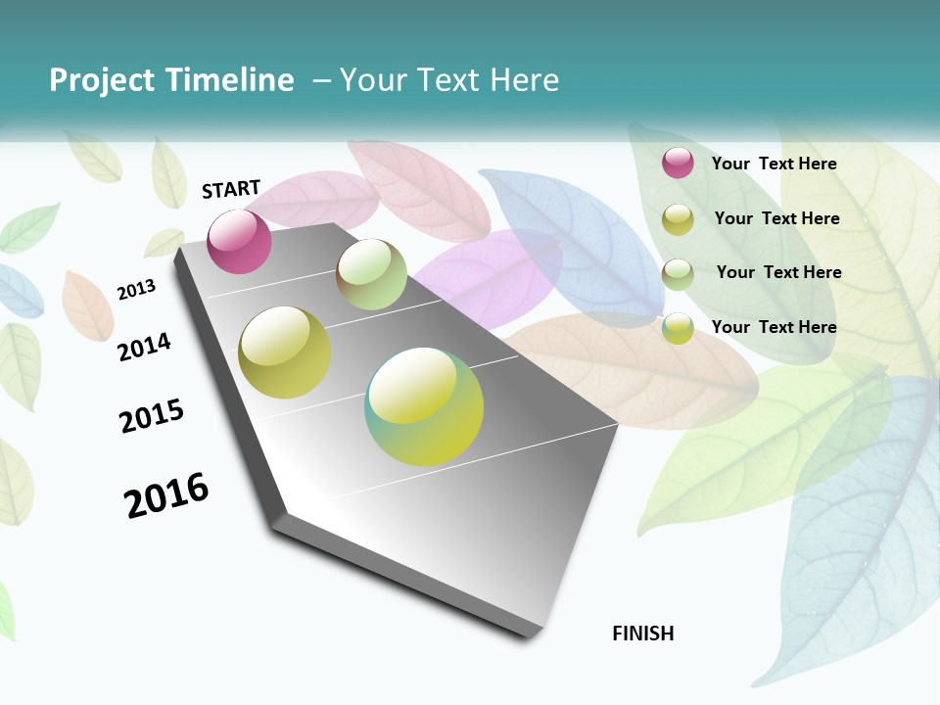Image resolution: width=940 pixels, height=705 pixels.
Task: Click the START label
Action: tap(231, 189)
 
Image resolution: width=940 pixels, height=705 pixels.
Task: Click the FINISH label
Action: tap(643, 634)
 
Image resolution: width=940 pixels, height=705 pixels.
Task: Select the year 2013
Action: tap(136, 290)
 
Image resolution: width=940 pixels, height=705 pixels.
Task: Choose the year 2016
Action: tap(167, 495)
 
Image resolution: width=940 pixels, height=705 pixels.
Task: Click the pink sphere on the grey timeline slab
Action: tap(239, 242)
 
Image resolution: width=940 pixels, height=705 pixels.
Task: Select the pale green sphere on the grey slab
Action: tap(372, 274)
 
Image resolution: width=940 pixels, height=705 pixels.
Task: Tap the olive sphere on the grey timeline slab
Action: tap(285, 352)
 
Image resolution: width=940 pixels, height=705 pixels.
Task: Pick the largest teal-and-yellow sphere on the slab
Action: tap(424, 406)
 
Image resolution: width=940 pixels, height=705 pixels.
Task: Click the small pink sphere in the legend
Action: tap(678, 163)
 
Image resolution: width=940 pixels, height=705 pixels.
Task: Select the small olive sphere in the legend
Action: tap(678, 219)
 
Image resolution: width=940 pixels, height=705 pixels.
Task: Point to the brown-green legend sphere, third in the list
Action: tap(678, 274)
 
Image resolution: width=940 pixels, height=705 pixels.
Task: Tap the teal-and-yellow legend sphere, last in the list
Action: tap(678, 328)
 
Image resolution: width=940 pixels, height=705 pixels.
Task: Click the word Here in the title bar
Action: tap(524, 80)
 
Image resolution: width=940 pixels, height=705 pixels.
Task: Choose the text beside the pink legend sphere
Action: tap(774, 164)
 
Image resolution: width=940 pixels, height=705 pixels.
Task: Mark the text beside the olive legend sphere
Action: tap(776, 218)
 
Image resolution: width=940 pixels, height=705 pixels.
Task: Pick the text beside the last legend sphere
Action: tap(774, 327)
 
